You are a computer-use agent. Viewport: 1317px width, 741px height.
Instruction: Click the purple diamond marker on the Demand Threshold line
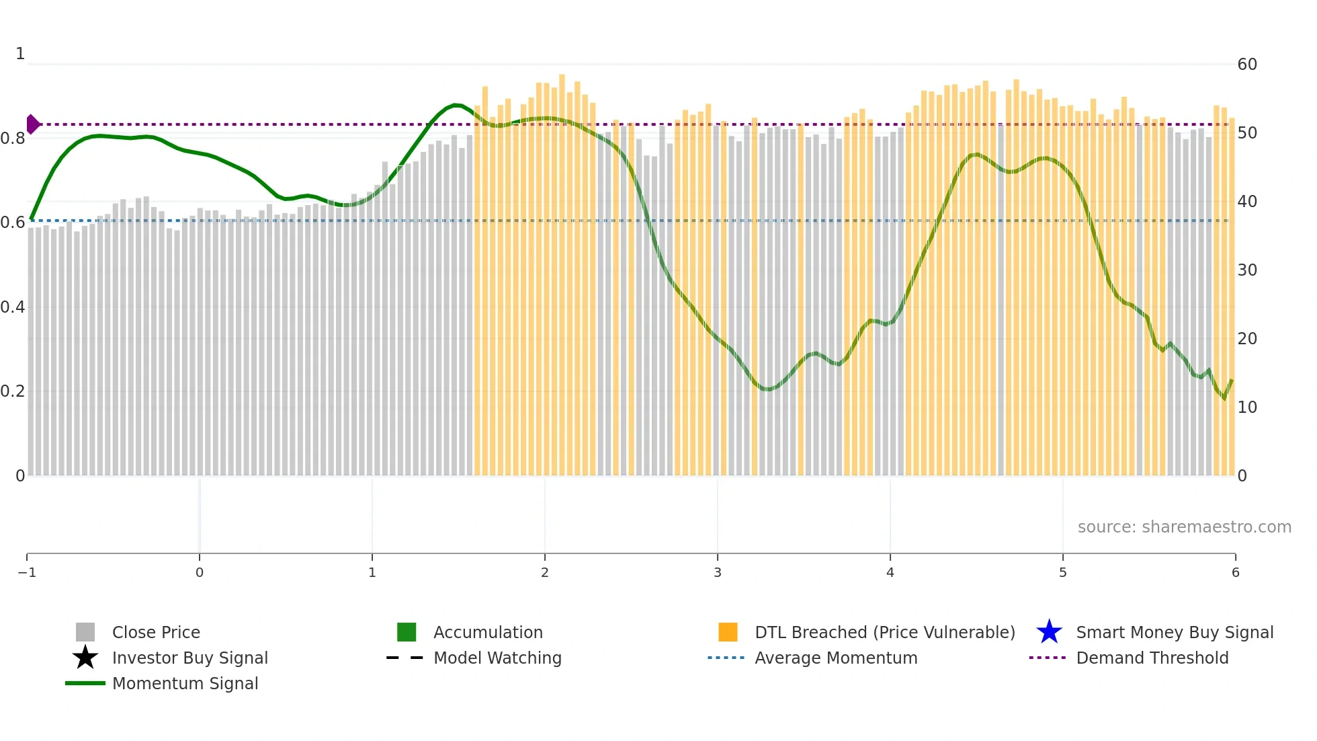click(32, 124)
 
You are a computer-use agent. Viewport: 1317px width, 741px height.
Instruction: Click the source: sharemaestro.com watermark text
click(1184, 527)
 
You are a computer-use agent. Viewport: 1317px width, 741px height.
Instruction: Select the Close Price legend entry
click(156, 633)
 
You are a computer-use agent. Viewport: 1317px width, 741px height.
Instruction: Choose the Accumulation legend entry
click(488, 633)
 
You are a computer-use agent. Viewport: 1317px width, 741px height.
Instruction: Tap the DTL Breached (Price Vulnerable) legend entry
click(884, 633)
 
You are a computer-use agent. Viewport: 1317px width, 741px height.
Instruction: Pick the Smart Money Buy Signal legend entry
click(1175, 633)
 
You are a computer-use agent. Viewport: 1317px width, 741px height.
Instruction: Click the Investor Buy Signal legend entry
click(189, 658)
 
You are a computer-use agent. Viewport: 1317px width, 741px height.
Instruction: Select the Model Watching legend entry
click(497, 658)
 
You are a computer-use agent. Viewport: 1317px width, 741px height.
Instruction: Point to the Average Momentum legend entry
click(836, 658)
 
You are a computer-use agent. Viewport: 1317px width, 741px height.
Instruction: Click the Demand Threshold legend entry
click(1152, 658)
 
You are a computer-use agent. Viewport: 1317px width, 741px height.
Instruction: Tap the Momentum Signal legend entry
click(185, 684)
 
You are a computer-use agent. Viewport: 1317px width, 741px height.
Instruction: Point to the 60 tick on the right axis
click(1247, 65)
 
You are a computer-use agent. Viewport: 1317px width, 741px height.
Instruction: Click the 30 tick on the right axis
click(1247, 270)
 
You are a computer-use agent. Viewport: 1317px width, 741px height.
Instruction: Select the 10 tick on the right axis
click(1247, 407)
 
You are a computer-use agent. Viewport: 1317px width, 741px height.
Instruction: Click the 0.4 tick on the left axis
click(13, 307)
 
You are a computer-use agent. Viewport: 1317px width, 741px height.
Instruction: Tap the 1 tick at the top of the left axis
click(20, 54)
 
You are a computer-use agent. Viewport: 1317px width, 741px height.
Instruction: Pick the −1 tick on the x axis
click(27, 573)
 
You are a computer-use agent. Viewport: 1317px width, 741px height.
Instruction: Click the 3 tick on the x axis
click(718, 573)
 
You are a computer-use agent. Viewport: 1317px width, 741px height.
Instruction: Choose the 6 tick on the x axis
click(1235, 573)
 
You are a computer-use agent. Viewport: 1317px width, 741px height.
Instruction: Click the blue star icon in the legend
click(1049, 632)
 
